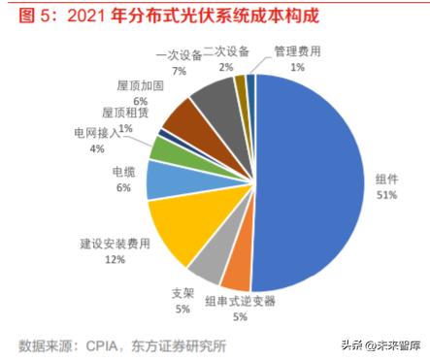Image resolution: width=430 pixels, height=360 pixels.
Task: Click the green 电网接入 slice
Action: coord(164,149)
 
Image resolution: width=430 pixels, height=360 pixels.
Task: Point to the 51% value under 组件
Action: coord(385,195)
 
